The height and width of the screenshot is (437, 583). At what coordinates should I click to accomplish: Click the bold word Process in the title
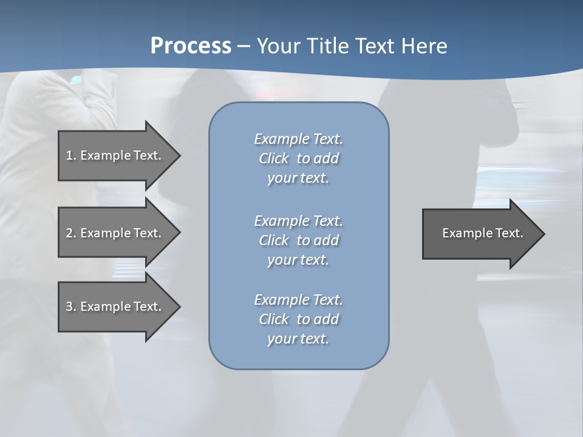191,46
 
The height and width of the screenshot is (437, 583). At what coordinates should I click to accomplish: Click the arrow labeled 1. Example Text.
115,155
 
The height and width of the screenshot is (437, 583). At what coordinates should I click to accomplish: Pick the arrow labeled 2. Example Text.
115,233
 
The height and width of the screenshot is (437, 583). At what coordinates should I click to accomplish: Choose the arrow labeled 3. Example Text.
115,307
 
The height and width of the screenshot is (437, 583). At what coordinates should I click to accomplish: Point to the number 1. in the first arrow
71,155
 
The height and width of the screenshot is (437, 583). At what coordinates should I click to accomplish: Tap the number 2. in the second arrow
71,233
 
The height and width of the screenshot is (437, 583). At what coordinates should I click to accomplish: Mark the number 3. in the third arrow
71,307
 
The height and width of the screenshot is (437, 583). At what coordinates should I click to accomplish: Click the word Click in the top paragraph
274,158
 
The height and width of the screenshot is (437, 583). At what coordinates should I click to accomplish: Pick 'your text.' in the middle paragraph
298,260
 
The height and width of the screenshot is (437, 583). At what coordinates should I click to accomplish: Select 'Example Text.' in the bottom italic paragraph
298,300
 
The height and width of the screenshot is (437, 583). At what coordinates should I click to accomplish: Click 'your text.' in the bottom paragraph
298,339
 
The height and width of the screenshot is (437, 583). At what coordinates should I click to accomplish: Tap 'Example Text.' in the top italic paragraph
298,139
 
